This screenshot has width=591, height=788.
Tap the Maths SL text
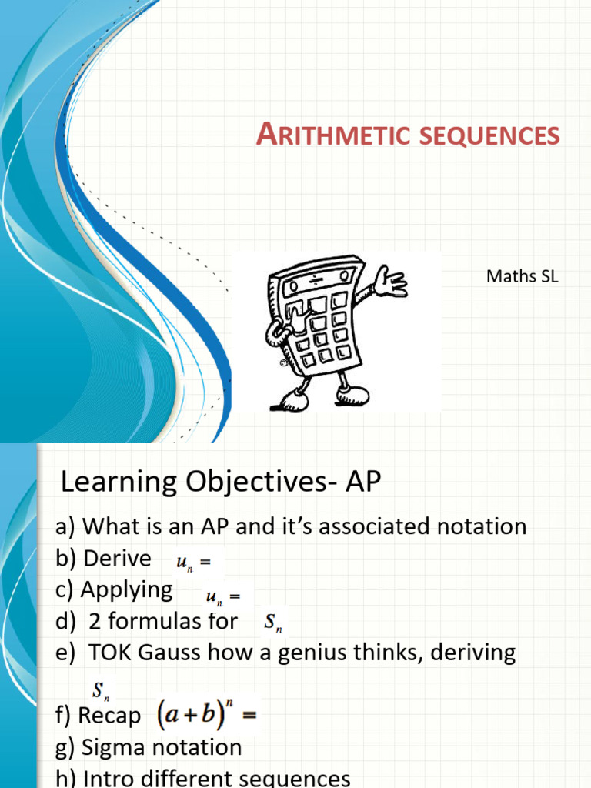coord(522,276)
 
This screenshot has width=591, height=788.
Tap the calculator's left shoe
coord(293,401)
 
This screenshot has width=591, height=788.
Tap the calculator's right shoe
coord(354,395)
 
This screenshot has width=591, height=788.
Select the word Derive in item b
coord(117,558)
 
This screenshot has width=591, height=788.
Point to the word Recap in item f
coord(109,716)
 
